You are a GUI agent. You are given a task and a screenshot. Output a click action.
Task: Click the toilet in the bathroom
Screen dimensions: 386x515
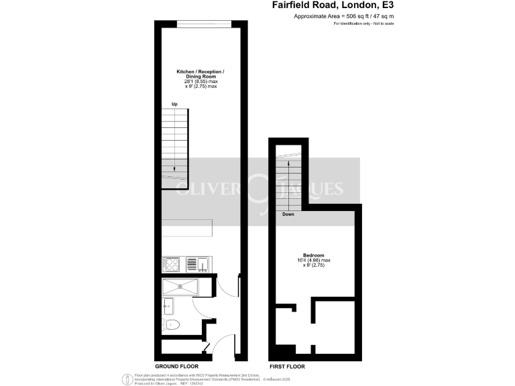(x=172, y=326)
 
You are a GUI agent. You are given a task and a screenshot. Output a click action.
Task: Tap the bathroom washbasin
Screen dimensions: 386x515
(x=168, y=307)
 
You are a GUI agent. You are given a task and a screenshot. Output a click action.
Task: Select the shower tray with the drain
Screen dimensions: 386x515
(x=180, y=287)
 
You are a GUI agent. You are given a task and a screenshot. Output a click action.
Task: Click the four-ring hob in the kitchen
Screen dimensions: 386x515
(x=171, y=264)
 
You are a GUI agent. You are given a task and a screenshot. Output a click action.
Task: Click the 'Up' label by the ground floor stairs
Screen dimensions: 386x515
(x=174, y=104)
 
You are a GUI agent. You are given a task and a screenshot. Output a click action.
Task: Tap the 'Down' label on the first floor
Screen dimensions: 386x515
(x=288, y=214)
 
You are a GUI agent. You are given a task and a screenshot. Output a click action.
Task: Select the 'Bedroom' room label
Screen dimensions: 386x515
(x=314, y=255)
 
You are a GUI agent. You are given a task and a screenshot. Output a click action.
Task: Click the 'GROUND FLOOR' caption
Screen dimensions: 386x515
(x=176, y=367)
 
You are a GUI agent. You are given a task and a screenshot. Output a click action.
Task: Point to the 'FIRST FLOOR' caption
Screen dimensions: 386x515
(x=287, y=367)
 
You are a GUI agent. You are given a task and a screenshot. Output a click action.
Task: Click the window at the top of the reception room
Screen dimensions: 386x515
(x=205, y=25)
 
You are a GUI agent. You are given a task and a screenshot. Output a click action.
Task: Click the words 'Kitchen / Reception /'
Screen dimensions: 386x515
(x=201, y=71)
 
